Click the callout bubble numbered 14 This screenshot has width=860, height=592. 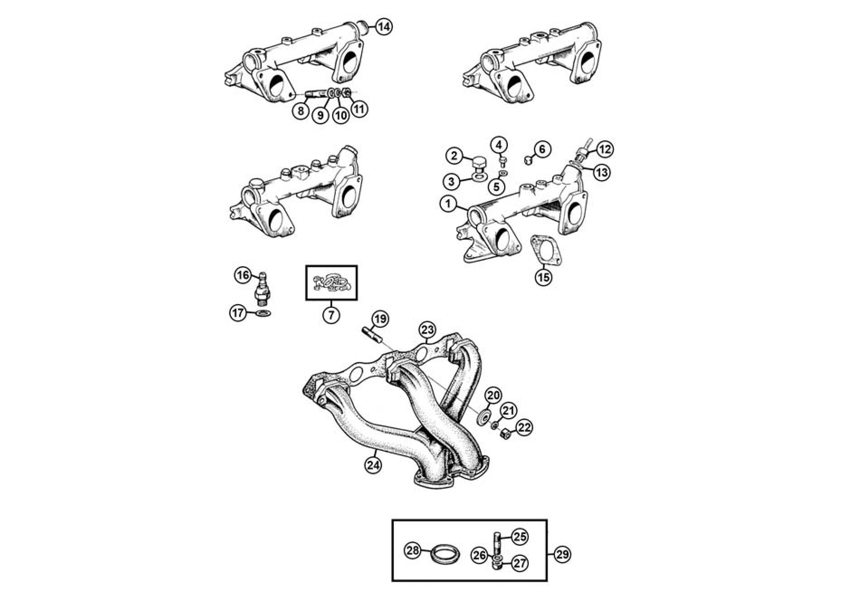383,27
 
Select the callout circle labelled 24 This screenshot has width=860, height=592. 372,466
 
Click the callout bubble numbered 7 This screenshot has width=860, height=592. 331,314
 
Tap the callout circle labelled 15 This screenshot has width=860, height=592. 544,277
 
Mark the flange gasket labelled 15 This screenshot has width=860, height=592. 544,249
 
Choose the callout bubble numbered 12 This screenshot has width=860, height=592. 605,149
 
